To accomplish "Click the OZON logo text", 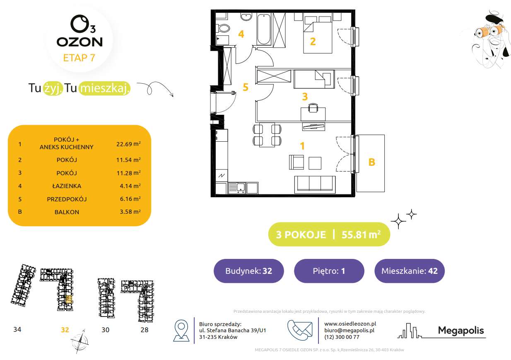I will pyautogui.click(x=79, y=42).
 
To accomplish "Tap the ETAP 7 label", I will pyautogui.click(x=79, y=58).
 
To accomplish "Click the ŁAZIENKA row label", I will pyautogui.click(x=67, y=186).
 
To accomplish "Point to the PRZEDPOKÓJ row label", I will pyautogui.click(x=67, y=199).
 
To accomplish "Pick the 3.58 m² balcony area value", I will pyautogui.click(x=128, y=212).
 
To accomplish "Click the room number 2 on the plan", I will pyautogui.click(x=313, y=41).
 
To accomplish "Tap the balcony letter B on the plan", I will pyautogui.click(x=371, y=162).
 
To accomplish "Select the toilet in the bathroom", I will pyautogui.click(x=224, y=29).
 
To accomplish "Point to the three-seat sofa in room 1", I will pyautogui.click(x=314, y=184).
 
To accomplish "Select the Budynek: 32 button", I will pyautogui.click(x=248, y=271).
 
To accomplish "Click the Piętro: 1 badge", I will pyautogui.click(x=329, y=271).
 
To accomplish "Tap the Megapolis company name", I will pyautogui.click(x=460, y=331).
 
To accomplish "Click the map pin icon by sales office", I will pyautogui.click(x=181, y=330).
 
